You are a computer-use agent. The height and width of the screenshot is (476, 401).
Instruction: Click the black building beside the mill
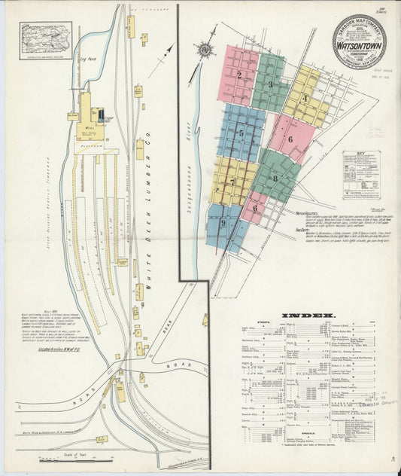tap(101, 114)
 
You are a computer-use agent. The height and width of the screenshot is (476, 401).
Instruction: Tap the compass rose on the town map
tap(203, 50)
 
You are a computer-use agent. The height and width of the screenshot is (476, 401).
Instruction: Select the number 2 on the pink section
tap(238, 75)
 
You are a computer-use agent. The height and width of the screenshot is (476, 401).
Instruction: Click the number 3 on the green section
tap(270, 84)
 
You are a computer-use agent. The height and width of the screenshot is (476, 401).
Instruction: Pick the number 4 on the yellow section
tap(305, 97)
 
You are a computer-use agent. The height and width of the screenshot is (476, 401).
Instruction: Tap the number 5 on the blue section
tap(241, 133)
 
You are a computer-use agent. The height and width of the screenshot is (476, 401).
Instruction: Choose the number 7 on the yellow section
tap(232, 182)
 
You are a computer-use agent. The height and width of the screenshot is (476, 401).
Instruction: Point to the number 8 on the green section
tap(275, 178)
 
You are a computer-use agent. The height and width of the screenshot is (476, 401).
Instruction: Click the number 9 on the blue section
tap(223, 222)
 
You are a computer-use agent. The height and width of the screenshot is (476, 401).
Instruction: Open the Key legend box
tap(360, 175)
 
